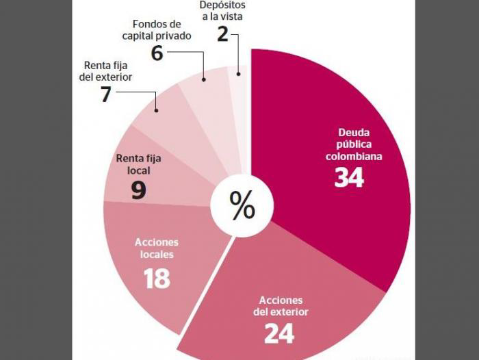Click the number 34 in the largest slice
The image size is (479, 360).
click(349, 177)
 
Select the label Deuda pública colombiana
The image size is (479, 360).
click(350, 144)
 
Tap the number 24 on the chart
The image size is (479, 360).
click(280, 333)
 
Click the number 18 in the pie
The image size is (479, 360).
click(157, 278)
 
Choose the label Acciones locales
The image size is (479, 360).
click(157, 248)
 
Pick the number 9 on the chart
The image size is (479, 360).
click(138, 190)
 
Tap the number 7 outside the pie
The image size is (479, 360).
click(105, 94)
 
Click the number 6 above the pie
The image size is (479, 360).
click(157, 53)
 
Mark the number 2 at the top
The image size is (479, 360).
click(222, 34)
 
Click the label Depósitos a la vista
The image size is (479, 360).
click(222, 10)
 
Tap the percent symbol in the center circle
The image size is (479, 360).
click(242, 205)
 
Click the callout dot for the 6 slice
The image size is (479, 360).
click(204, 80)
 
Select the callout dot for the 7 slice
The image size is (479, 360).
click(157, 110)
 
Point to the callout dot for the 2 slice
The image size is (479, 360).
click(238, 73)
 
